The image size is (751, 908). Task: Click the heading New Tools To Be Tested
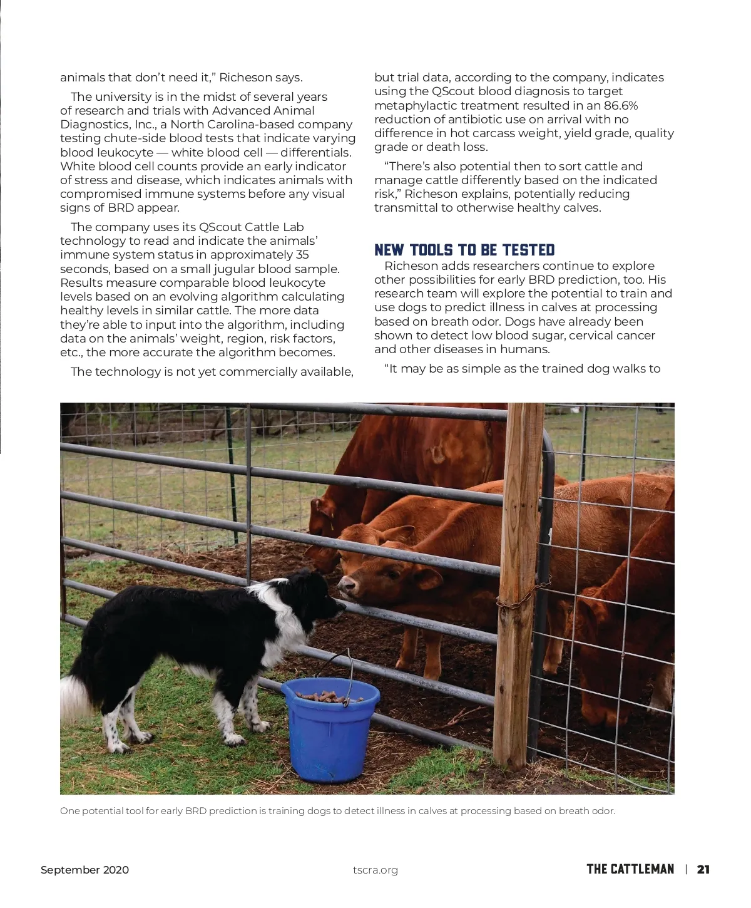point(464,250)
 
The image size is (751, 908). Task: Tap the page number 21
point(703,869)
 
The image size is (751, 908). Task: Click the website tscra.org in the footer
point(375,870)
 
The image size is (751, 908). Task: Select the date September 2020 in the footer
point(84,870)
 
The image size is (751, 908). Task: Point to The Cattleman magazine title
point(630,869)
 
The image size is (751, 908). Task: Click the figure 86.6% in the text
point(621,105)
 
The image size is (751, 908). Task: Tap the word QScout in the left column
point(220,227)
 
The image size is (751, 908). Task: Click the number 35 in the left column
point(302,255)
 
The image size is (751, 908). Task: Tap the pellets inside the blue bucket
point(329,696)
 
